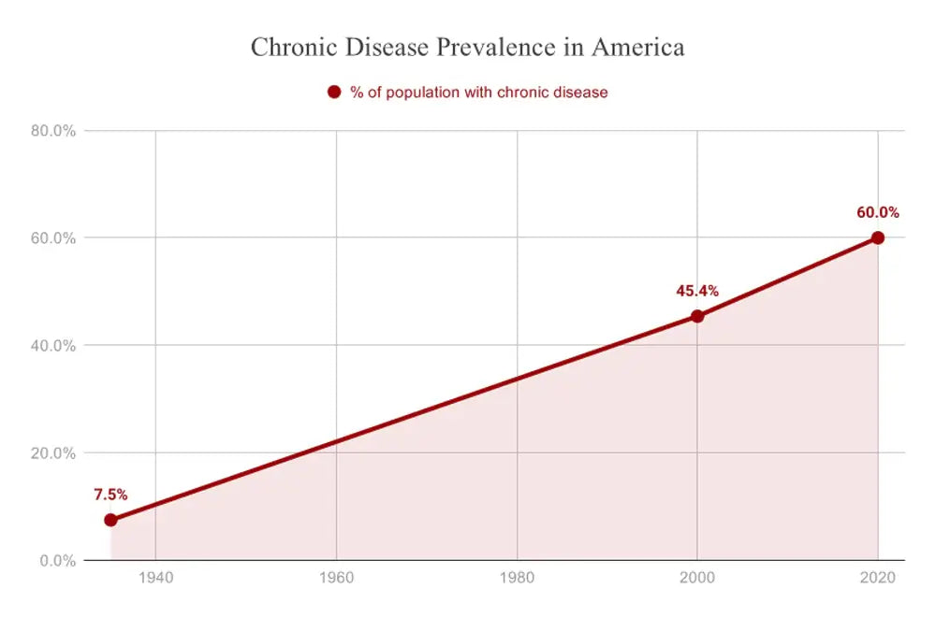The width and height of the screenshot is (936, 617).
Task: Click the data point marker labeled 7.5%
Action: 110,520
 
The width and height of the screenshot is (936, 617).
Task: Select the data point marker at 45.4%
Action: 697,316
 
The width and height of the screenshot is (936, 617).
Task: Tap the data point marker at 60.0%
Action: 877,237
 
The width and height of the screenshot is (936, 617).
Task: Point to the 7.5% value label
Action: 110,495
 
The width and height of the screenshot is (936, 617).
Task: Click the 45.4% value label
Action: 697,291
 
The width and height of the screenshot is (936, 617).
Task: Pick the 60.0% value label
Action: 877,212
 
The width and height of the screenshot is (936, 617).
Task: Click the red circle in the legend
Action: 334,92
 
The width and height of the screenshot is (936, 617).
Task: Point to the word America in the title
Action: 643,47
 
